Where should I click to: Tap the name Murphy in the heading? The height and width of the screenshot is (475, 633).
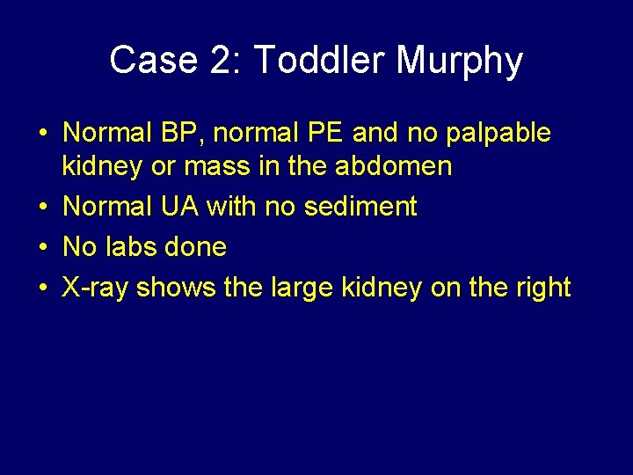pos(460,61)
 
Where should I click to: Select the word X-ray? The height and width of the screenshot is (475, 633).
pos(96,288)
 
